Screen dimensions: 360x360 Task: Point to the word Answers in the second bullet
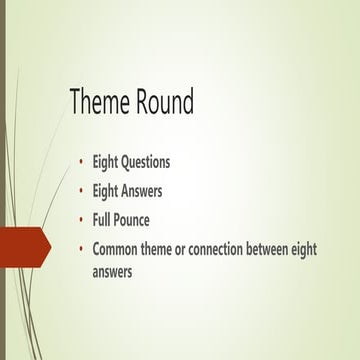(x=142, y=189)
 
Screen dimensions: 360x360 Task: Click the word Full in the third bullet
(x=104, y=218)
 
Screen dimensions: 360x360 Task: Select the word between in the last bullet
(x=277, y=249)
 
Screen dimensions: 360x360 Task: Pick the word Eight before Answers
(x=106, y=189)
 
